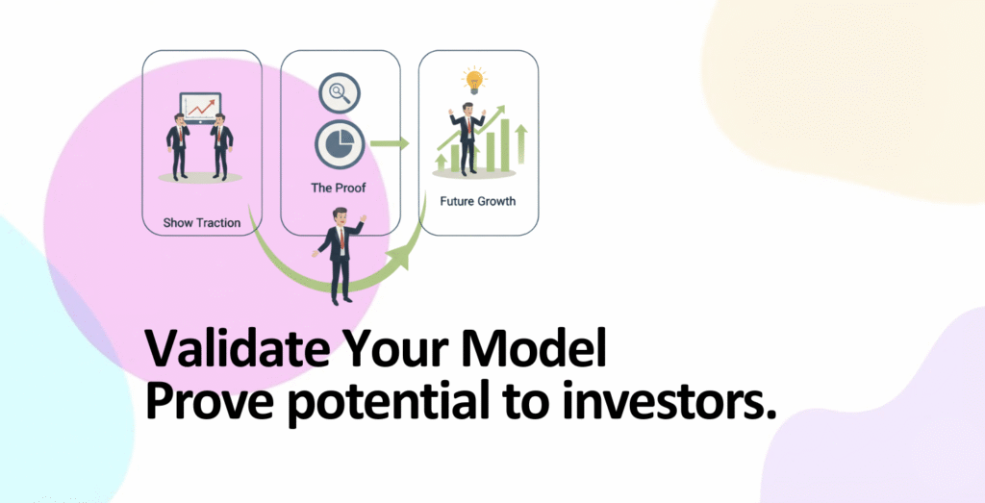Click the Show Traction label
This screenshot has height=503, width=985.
(202, 222)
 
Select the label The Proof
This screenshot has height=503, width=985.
(338, 188)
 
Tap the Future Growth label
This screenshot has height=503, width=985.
(477, 202)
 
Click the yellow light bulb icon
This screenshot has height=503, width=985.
(474, 81)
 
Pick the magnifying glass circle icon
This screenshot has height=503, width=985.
(340, 93)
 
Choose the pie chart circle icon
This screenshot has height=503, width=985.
(340, 144)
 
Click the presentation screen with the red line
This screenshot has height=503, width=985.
(200, 107)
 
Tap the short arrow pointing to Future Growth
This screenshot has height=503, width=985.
(390, 144)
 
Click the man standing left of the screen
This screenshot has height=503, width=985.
(178, 146)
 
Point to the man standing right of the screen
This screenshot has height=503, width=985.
(221, 146)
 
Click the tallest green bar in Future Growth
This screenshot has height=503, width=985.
(504, 144)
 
